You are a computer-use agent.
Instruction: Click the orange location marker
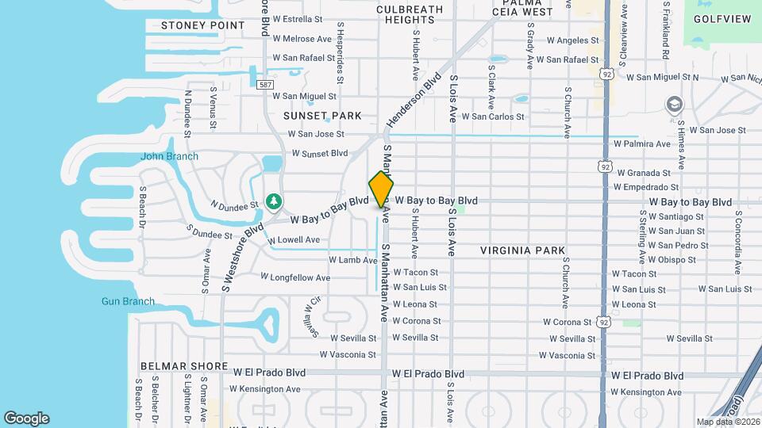pyautogui.click(x=381, y=189)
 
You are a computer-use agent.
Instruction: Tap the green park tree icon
pyautogui.click(x=274, y=201)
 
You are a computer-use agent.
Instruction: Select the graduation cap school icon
pyautogui.click(x=674, y=105)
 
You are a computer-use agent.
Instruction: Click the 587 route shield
pyautogui.click(x=265, y=85)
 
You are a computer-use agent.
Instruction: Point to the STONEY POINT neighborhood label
pyautogui.click(x=203, y=25)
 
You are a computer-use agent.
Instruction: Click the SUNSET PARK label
pyautogui.click(x=322, y=116)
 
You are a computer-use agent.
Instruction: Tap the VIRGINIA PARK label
pyautogui.click(x=522, y=250)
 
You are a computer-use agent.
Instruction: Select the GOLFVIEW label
pyautogui.click(x=722, y=18)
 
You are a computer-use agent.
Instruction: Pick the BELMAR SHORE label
pyautogui.click(x=179, y=366)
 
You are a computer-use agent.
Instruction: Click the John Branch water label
pyautogui.click(x=169, y=156)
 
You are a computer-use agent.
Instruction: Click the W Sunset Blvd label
pyautogui.click(x=320, y=153)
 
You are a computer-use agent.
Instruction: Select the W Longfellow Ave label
pyautogui.click(x=295, y=277)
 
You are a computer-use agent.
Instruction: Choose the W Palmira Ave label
pyautogui.click(x=642, y=144)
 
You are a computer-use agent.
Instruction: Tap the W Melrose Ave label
pyautogui.click(x=302, y=38)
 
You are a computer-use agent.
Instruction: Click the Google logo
pyautogui.click(x=26, y=418)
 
